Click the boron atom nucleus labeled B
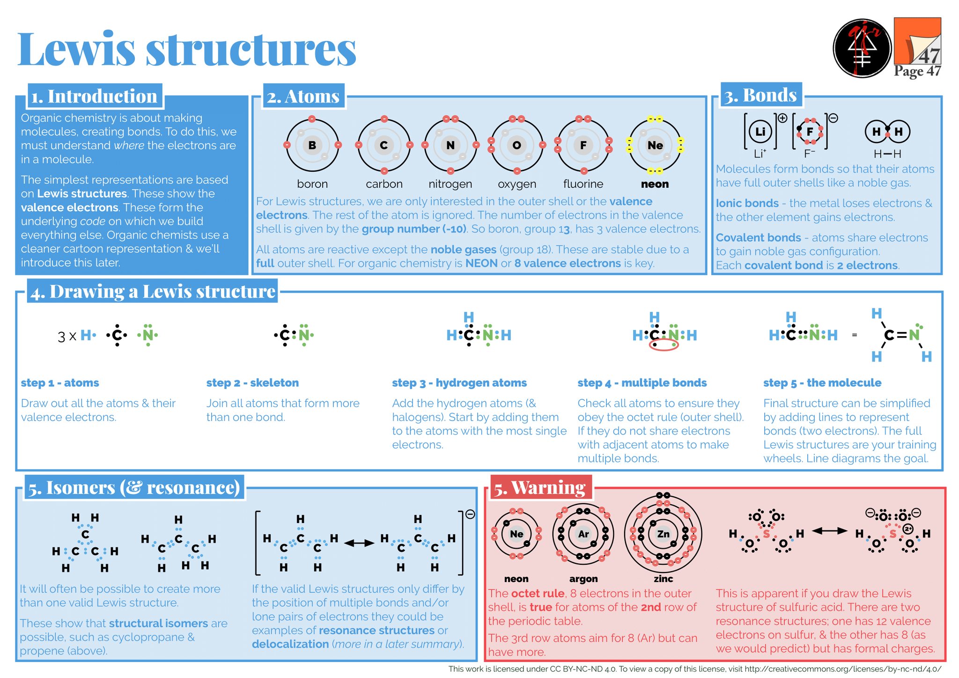(x=312, y=145)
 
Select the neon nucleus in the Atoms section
(x=655, y=145)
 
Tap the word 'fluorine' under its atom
(x=583, y=184)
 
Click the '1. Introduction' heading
(x=95, y=96)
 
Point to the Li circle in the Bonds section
(x=760, y=132)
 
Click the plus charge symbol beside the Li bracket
(x=782, y=118)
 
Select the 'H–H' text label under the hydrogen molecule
(x=887, y=154)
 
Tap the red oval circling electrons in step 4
(x=664, y=345)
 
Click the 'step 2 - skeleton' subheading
(x=252, y=383)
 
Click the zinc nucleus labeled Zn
(x=663, y=534)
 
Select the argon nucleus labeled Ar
(x=583, y=534)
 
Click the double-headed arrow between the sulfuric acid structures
(x=829, y=531)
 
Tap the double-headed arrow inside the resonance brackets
(x=359, y=543)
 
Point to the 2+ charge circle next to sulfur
(x=907, y=529)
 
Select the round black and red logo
(x=862, y=48)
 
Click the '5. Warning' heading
(x=541, y=487)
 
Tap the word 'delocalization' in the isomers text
(x=290, y=644)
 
